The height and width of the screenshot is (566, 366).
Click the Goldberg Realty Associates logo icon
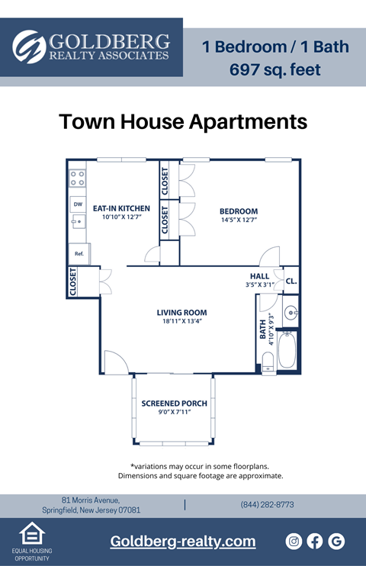pyautogui.click(x=30, y=47)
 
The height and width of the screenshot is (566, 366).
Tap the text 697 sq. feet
pyautogui.click(x=275, y=70)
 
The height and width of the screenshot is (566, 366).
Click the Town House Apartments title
pyautogui.click(x=183, y=122)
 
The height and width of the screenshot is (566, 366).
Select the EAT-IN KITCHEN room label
pyautogui.click(x=121, y=208)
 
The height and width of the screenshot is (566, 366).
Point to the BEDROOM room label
pyautogui.click(x=239, y=211)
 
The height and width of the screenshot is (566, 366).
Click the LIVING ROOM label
pyautogui.click(x=181, y=312)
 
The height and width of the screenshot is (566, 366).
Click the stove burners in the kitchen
pyautogui.click(x=78, y=178)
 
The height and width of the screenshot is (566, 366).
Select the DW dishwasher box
pyautogui.click(x=78, y=204)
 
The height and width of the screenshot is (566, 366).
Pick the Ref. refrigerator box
pyautogui.click(x=79, y=253)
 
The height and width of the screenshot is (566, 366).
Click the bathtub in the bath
pyautogui.click(x=287, y=349)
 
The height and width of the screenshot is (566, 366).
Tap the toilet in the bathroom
pyautogui.click(x=268, y=362)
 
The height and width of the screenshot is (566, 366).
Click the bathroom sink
pyautogui.click(x=291, y=313)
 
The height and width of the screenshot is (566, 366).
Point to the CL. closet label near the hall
pyautogui.click(x=291, y=281)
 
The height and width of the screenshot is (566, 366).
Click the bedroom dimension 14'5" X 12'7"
pyautogui.click(x=239, y=220)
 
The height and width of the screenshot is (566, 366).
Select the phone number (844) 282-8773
pyautogui.click(x=267, y=505)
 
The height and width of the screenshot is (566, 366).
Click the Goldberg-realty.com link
pyautogui.click(x=183, y=542)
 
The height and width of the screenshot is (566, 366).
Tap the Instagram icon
pyautogui.click(x=294, y=541)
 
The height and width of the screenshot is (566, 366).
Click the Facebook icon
pyautogui.click(x=315, y=541)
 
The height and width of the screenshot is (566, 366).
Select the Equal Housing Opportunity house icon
pyautogui.click(x=31, y=534)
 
